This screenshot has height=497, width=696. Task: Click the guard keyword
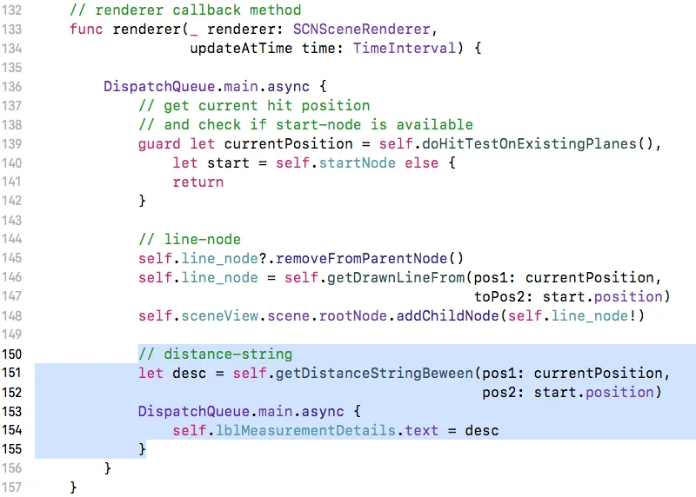[x=159, y=143]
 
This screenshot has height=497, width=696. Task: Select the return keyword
[x=198, y=182]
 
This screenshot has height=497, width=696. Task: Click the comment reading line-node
[x=190, y=239]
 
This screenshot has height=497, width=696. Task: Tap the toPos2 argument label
[x=499, y=296]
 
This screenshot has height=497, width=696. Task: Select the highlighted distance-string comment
[x=215, y=354]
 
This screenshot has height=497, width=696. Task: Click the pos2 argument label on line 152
[x=499, y=392]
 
